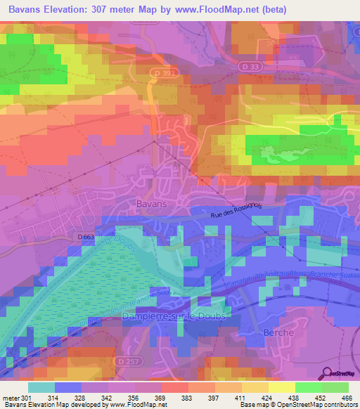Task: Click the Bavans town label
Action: coord(152,203)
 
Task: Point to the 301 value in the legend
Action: coord(28,397)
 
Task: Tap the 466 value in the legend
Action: coord(347,397)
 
